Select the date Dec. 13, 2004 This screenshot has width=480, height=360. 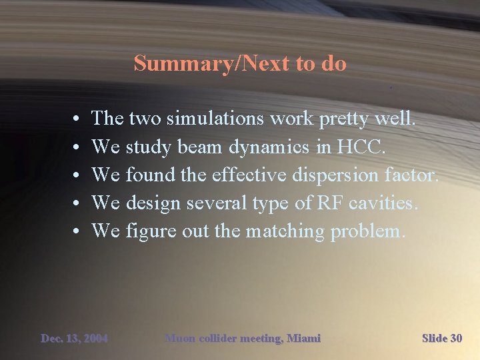(74, 339)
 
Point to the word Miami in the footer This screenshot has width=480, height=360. (303, 339)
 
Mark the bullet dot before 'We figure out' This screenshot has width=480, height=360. (78, 232)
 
